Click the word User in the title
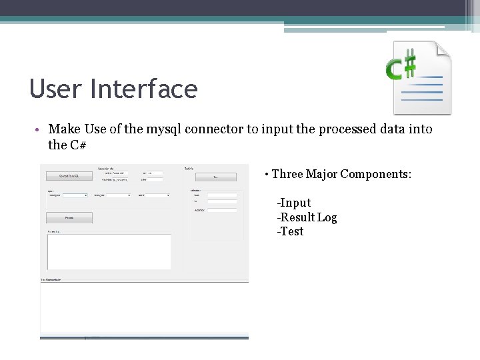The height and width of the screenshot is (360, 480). click(52, 89)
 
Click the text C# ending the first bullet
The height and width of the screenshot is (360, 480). click(77, 144)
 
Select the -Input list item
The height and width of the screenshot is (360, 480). click(294, 203)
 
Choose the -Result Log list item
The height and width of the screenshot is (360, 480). click(307, 217)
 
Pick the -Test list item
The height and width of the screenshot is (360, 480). click(290, 232)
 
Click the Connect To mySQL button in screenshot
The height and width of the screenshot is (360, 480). click(69, 176)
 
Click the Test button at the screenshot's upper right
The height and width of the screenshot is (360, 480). click(215, 177)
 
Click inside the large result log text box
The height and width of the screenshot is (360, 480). click(109, 251)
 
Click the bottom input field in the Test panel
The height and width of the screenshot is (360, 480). click(223, 210)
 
